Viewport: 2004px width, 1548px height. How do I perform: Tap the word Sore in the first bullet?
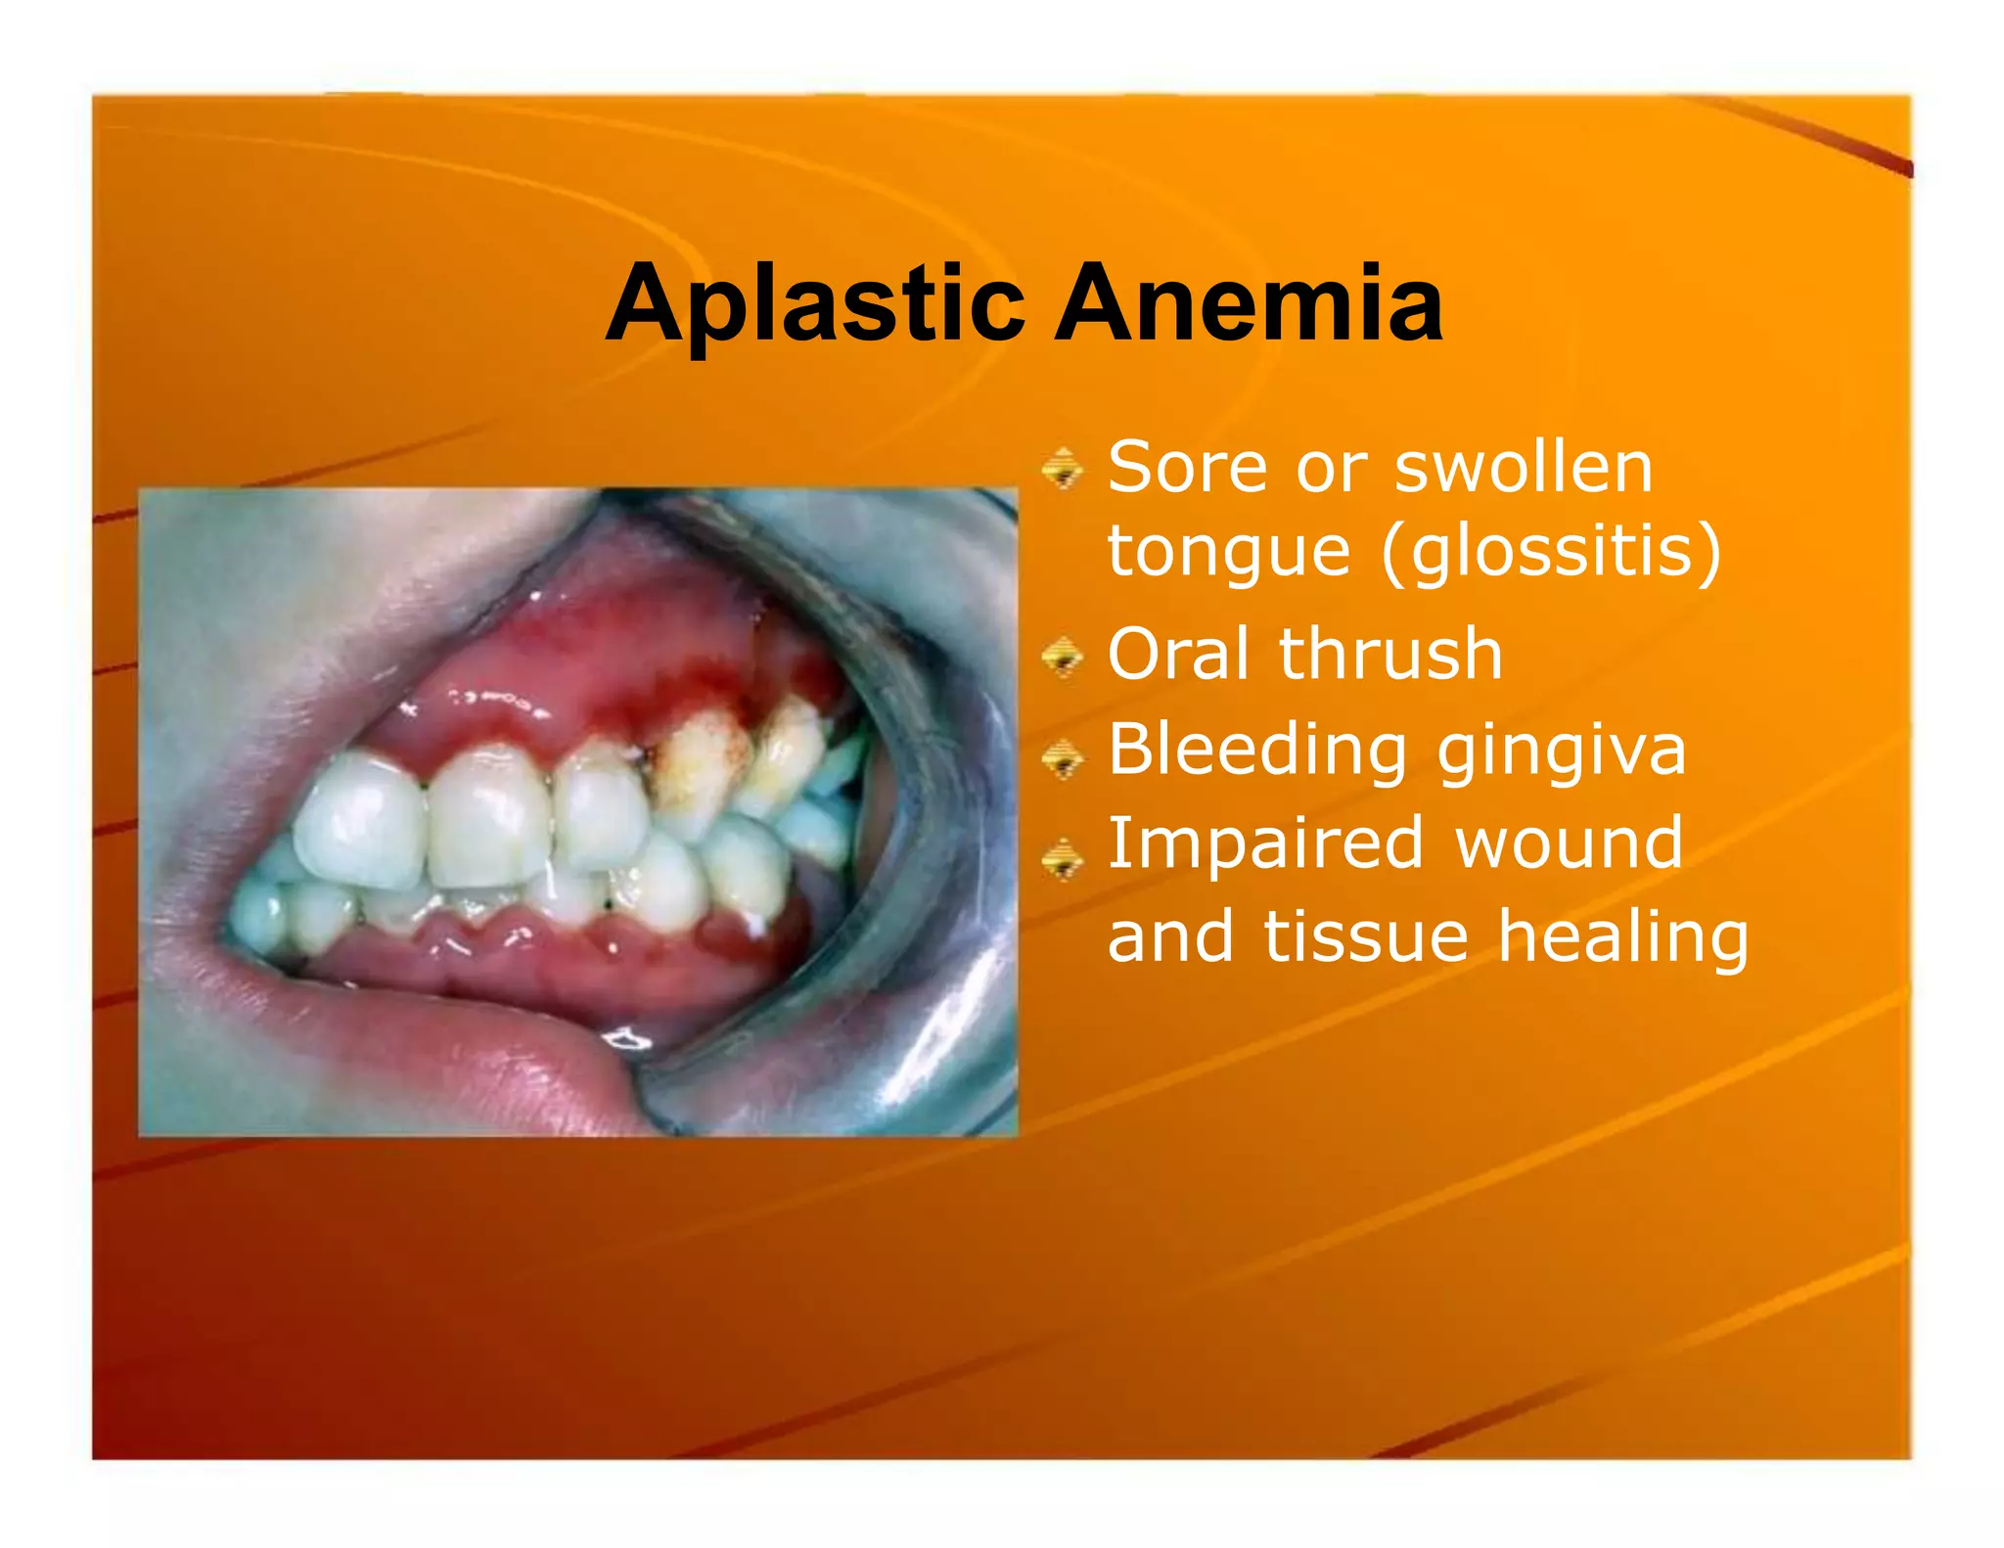(x=1185, y=467)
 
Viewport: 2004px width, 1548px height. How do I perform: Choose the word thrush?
(x=1390, y=654)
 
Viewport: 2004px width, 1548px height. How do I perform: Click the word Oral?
(x=1179, y=654)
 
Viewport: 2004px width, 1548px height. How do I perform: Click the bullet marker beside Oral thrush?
(x=1062, y=657)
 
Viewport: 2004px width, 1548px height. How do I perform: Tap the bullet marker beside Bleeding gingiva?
(x=1062, y=758)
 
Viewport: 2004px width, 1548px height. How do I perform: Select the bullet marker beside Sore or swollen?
(x=1062, y=468)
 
